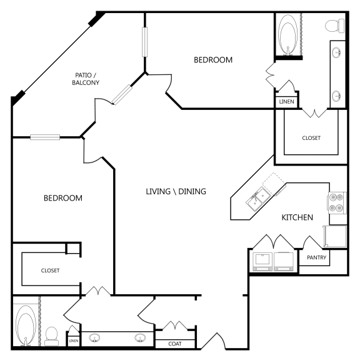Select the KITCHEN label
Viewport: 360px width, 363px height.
[297, 217]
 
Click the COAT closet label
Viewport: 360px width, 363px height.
[175, 343]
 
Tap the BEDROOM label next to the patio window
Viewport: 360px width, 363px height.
[212, 60]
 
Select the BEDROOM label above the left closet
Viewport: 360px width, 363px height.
[62, 198]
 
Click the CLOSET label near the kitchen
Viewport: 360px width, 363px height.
[311, 138]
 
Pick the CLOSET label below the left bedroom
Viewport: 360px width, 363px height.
[50, 271]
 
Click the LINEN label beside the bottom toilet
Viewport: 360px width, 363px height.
[74, 341]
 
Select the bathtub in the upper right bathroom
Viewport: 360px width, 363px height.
[288, 36]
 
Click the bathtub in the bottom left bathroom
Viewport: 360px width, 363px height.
[26, 324]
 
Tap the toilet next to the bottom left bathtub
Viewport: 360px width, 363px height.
[52, 336]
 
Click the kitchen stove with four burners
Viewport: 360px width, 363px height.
[337, 202]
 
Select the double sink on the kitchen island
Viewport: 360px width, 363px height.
[257, 199]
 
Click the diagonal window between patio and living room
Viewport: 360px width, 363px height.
[123, 94]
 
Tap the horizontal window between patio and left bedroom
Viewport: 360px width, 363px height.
[45, 137]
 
